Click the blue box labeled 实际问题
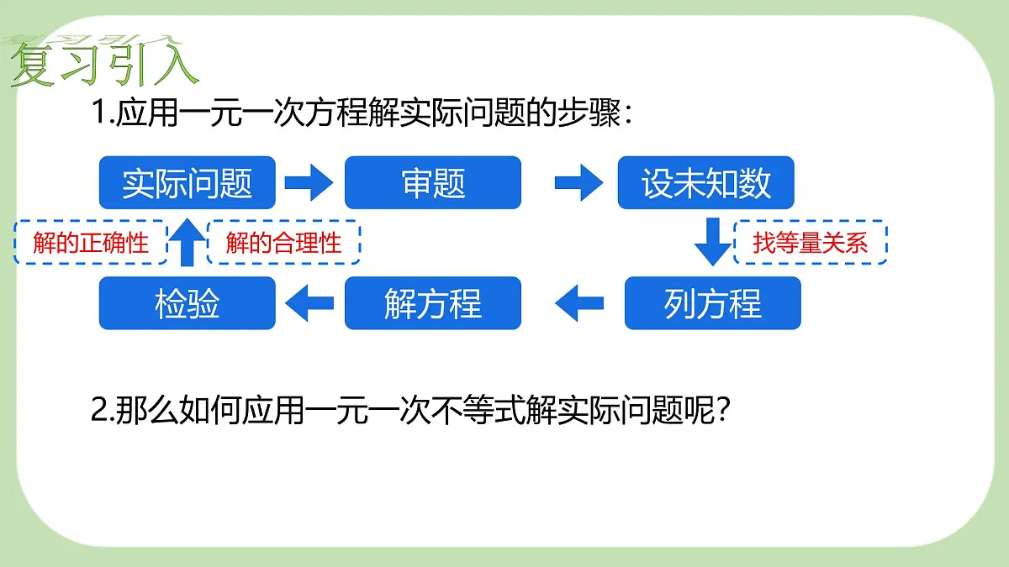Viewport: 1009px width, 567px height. pos(188,183)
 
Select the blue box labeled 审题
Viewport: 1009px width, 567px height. pos(433,183)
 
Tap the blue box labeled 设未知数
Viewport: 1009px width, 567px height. pos(705,183)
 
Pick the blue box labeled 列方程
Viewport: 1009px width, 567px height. pos(713,303)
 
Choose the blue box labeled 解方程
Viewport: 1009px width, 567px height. pos(433,303)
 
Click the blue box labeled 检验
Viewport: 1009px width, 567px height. pos(188,303)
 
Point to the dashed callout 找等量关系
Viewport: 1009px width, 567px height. pos(811,243)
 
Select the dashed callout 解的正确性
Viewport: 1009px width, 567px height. pos(91,243)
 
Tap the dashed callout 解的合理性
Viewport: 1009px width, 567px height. pos(283,243)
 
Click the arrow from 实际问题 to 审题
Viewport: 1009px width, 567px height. pos(309,183)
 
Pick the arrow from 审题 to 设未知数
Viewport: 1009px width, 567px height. pos(578,183)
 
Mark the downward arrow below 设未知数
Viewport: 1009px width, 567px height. pos(713,242)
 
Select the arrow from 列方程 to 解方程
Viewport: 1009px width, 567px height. pos(579,303)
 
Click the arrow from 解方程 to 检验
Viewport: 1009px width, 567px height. pos(309,303)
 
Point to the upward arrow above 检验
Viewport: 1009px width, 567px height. pos(187,242)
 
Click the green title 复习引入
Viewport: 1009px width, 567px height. pos(104,63)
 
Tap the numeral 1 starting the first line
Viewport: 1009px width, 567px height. pos(98,112)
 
